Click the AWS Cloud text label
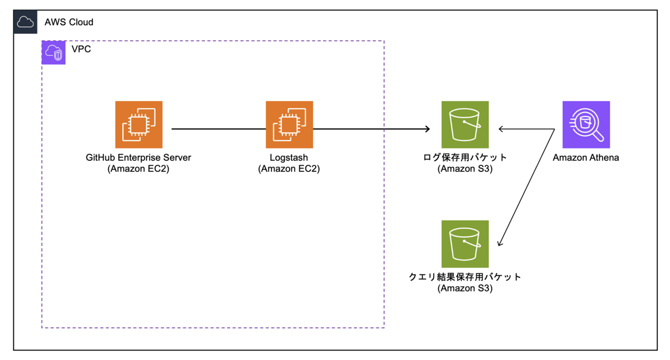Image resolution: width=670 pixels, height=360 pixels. (x=69, y=22)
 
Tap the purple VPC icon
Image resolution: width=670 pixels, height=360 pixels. (x=54, y=52)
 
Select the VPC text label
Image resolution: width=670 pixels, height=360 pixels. (x=81, y=50)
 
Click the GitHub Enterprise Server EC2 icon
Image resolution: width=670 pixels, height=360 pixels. (x=138, y=124)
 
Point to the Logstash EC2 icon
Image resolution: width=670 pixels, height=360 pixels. (x=289, y=124)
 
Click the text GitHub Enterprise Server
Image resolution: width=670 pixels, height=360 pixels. (x=138, y=157)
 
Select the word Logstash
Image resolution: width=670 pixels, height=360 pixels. (x=289, y=157)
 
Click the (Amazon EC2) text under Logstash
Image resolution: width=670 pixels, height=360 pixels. (x=289, y=169)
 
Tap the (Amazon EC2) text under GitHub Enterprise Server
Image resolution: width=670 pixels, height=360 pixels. (x=138, y=169)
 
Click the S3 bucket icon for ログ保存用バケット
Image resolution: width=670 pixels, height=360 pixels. (x=465, y=124)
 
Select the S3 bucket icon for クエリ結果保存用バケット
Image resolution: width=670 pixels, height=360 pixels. (x=465, y=244)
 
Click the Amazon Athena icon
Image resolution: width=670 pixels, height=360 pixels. (x=586, y=124)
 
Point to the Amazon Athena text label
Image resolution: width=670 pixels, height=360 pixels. (x=586, y=157)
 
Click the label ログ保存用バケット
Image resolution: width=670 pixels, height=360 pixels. (x=465, y=157)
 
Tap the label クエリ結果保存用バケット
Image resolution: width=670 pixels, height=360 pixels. (x=465, y=277)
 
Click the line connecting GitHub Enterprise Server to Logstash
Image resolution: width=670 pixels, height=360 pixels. (x=218, y=129)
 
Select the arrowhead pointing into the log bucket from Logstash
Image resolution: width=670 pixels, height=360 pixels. (x=427, y=129)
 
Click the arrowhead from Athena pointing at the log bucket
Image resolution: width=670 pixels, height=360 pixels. (x=501, y=129)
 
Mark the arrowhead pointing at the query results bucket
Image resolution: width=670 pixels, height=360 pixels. (x=499, y=243)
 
